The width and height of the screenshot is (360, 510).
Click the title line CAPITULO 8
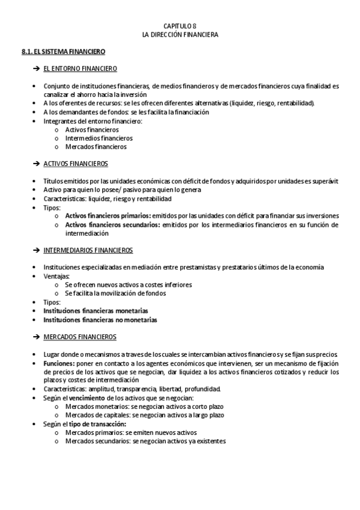click(180, 26)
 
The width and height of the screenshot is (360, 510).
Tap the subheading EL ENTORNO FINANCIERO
click(80, 69)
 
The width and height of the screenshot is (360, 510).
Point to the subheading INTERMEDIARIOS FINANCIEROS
click(88, 250)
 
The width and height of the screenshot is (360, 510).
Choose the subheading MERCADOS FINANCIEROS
click(80, 336)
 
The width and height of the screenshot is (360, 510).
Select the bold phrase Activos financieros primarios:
click(108, 215)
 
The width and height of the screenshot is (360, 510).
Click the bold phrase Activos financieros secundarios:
click(112, 224)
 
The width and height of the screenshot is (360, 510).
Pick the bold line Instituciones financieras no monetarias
click(100, 320)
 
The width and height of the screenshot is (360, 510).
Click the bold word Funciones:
click(59, 363)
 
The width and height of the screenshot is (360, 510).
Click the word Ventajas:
click(56, 276)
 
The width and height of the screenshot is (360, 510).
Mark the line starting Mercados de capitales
click(144, 415)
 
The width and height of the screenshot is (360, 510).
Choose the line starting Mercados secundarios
click(145, 441)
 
